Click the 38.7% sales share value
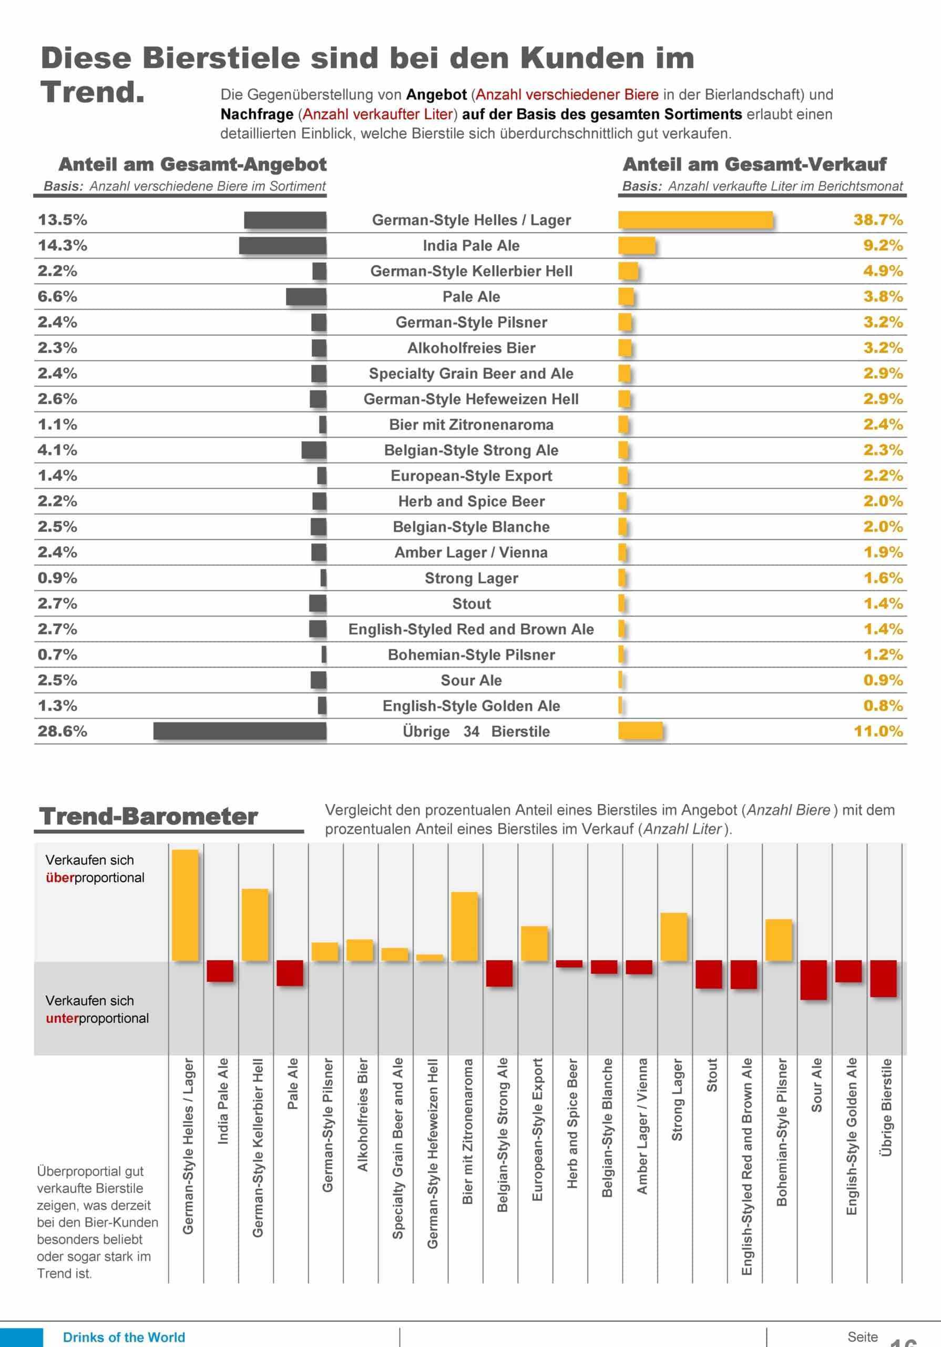[878, 220]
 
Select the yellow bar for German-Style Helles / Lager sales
[695, 220]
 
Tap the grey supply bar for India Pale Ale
[283, 246]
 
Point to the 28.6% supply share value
[62, 731]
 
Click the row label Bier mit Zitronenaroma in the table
[471, 425]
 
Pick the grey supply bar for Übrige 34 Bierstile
[240, 731]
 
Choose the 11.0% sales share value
[878, 731]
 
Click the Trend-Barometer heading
[148, 816]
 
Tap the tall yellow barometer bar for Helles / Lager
[185, 904]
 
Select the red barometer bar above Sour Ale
[814, 980]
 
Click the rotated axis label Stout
[712, 1075]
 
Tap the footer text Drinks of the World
[124, 1337]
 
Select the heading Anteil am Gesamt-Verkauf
[754, 164]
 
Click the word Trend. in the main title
[93, 92]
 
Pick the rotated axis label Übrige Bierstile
[886, 1107]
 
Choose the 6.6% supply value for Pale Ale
[57, 297]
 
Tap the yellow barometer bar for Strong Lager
[673, 937]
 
